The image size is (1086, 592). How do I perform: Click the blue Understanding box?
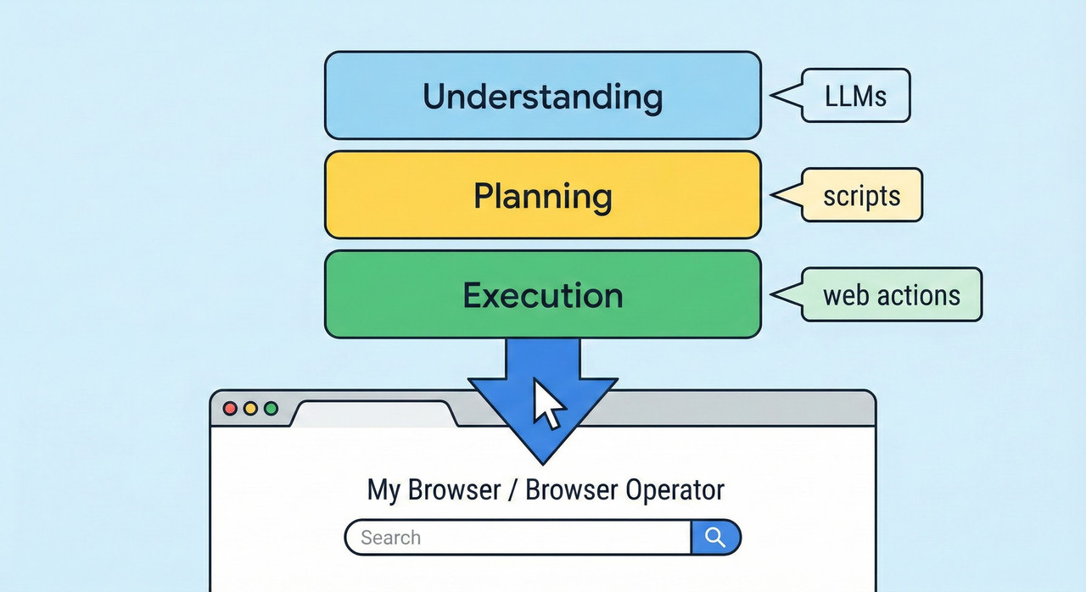542,96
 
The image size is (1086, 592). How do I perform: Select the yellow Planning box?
542,196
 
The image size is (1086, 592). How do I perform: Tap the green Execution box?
542,295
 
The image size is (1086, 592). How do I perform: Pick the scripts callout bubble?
861,196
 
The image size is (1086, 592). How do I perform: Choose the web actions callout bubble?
891,295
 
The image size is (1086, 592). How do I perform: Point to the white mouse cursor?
547,403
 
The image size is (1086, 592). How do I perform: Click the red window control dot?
230,409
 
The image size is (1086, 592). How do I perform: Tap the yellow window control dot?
250,409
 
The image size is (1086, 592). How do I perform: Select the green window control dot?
271,409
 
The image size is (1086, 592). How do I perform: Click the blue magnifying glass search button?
715,537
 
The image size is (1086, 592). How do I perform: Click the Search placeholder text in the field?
390,538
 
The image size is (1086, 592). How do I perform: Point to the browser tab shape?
373,413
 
